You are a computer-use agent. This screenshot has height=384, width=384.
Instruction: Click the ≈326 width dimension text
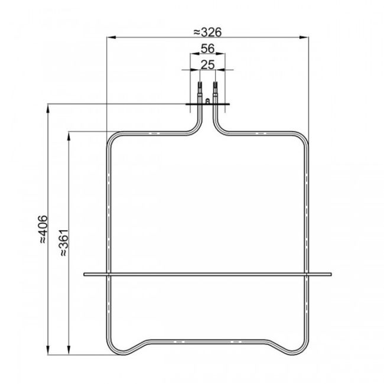[x=207, y=32]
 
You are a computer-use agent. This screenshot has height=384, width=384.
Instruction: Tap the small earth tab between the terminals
[x=207, y=102]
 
